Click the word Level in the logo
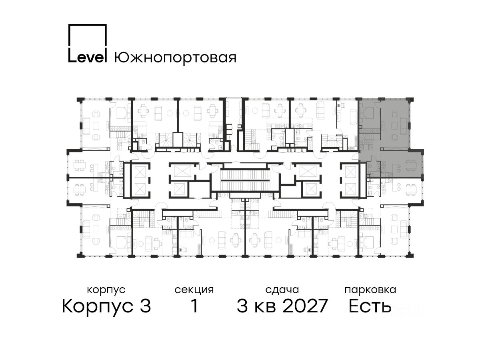tap(87, 57)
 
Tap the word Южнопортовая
tap(175, 58)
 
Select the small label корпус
tap(106, 290)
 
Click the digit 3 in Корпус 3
tap(145, 306)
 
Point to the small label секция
tap(194, 290)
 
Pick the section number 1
tap(194, 306)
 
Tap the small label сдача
tap(282, 290)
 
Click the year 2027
tap(305, 306)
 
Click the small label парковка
tap(370, 290)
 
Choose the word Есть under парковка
tap(370, 306)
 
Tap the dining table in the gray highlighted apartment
tap(410, 165)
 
